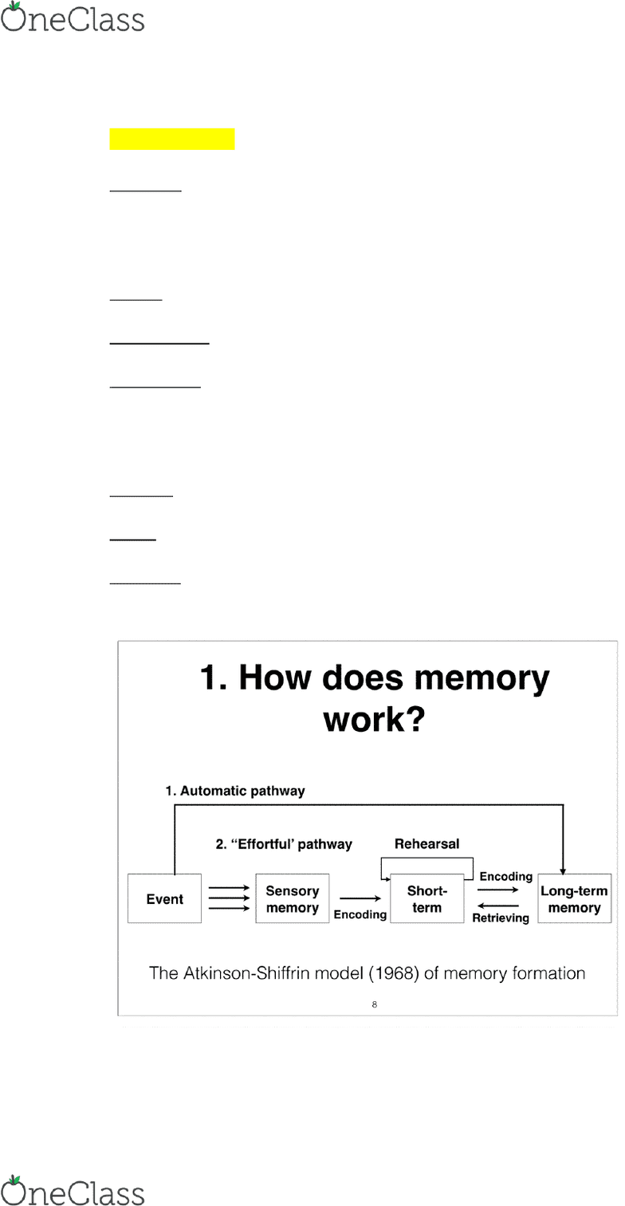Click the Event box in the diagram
164,898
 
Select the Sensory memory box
293,898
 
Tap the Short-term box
426,898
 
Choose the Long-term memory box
575,898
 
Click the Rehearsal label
426,843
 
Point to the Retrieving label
501,918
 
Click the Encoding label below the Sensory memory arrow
360,914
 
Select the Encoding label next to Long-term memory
506,877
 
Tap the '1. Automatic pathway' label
234,791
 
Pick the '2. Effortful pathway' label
284,844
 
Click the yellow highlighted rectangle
172,139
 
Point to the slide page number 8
374,1004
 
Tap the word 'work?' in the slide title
374,719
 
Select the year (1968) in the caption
394,973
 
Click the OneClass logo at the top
73,18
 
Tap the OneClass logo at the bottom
73,1191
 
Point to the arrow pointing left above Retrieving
498,905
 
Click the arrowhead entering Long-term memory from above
563,870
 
